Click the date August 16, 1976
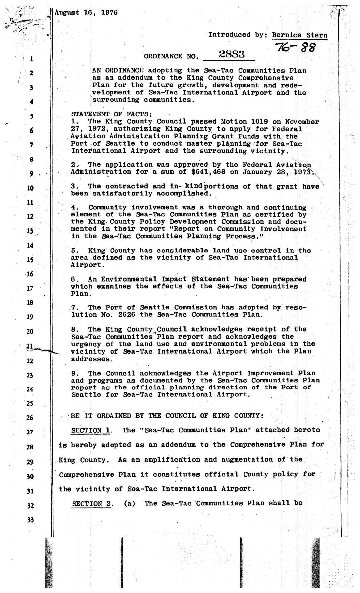click(x=86, y=13)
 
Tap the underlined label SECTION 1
click(x=91, y=430)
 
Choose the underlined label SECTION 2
click(x=91, y=504)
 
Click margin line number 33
click(x=31, y=520)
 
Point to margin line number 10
click(x=30, y=188)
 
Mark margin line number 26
click(x=30, y=418)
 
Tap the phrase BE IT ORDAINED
click(x=108, y=416)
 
